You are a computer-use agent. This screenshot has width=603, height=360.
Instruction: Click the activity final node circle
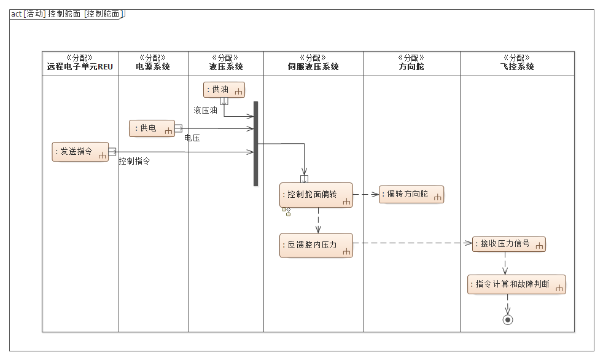point(507,319)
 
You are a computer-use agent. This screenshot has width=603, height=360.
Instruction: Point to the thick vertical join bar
point(255,143)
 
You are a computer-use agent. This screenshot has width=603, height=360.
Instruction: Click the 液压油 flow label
point(205,111)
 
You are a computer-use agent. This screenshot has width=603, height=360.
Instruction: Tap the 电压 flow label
point(192,138)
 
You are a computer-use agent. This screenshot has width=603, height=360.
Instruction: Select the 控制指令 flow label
point(134,162)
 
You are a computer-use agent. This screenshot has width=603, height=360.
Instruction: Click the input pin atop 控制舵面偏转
point(304,179)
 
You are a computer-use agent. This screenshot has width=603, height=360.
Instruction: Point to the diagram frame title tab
point(67,14)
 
